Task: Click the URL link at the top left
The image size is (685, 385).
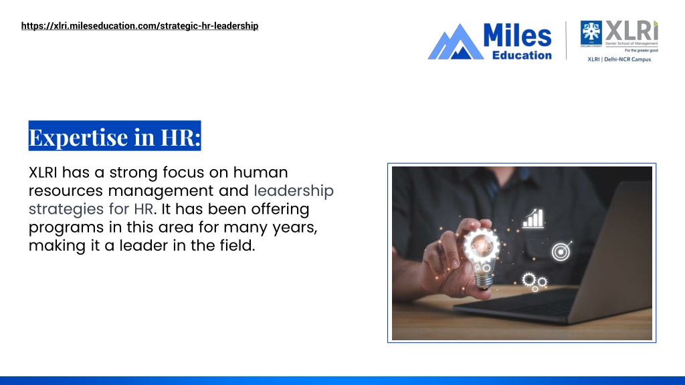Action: [139, 26]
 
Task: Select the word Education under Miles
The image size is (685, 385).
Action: [522, 55]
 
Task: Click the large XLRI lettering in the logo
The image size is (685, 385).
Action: [631, 31]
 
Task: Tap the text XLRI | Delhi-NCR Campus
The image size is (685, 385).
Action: [619, 59]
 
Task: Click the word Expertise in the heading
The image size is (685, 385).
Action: [78, 137]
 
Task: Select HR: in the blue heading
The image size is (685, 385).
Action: [180, 137]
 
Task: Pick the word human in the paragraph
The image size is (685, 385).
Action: [262, 172]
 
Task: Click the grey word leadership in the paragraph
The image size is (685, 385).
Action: [294, 191]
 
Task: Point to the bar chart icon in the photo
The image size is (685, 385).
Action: [533, 218]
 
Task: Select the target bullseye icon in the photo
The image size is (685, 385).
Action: [561, 251]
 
